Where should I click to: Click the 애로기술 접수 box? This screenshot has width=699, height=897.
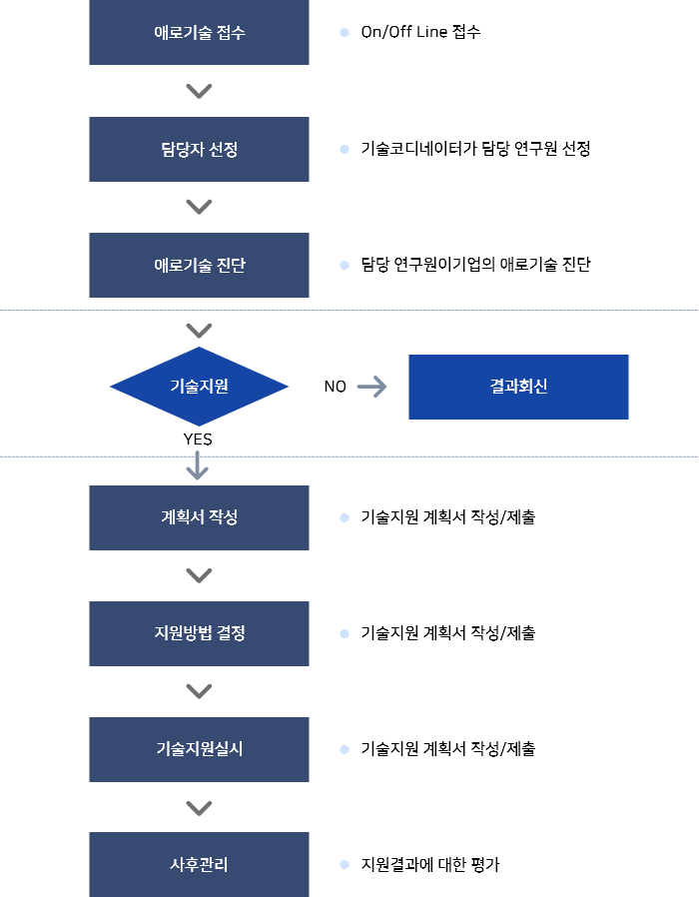click(199, 33)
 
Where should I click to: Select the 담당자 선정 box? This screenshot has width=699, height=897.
click(199, 150)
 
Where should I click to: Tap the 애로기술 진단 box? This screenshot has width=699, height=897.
click(199, 266)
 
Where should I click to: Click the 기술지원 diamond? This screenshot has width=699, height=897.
click(199, 387)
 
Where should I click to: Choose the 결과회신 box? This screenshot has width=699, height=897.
click(518, 387)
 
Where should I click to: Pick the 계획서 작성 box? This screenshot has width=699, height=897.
click(199, 518)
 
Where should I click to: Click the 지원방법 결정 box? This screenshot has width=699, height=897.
click(199, 633)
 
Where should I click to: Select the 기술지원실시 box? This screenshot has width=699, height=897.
click(199, 749)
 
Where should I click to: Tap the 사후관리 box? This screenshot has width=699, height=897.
click(199, 864)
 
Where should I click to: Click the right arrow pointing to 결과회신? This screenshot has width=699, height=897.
click(371, 387)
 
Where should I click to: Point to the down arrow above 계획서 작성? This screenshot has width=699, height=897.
click(198, 465)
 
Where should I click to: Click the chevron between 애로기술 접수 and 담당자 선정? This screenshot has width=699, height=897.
click(199, 91)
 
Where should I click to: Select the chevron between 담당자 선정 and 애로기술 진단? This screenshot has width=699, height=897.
click(199, 207)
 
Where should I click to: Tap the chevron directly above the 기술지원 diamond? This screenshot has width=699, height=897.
click(199, 331)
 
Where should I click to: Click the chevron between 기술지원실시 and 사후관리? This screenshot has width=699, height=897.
click(199, 807)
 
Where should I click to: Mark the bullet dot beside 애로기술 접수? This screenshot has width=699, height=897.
click(345, 33)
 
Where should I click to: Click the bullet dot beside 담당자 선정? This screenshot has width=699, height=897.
click(345, 150)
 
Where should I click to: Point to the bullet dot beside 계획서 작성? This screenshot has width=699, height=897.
click(345, 518)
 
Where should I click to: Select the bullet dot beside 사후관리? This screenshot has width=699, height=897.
click(345, 864)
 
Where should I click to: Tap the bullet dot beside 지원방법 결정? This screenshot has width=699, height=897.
click(345, 633)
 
